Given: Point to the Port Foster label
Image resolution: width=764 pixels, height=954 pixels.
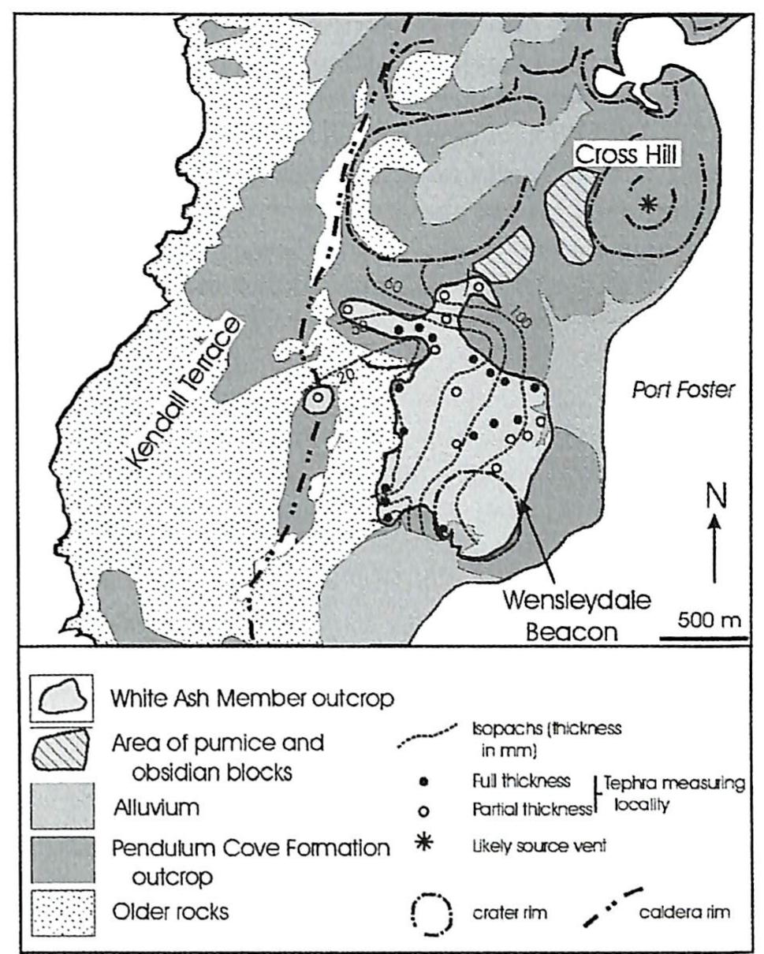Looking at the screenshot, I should coord(683,389).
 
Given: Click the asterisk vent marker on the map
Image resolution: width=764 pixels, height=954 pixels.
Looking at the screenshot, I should coord(647,204).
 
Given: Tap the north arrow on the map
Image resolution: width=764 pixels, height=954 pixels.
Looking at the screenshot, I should coord(714,548).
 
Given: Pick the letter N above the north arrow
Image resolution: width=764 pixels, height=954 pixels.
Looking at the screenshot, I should coord(715,497).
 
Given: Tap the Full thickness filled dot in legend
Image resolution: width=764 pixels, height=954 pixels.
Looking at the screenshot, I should coord(426,782).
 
